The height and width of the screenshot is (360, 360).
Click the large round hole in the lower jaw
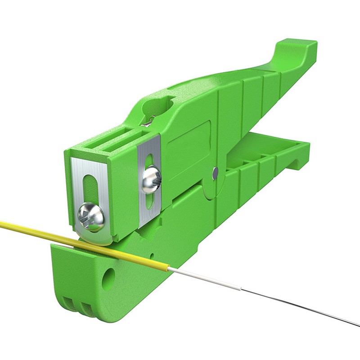pos(108,279)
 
